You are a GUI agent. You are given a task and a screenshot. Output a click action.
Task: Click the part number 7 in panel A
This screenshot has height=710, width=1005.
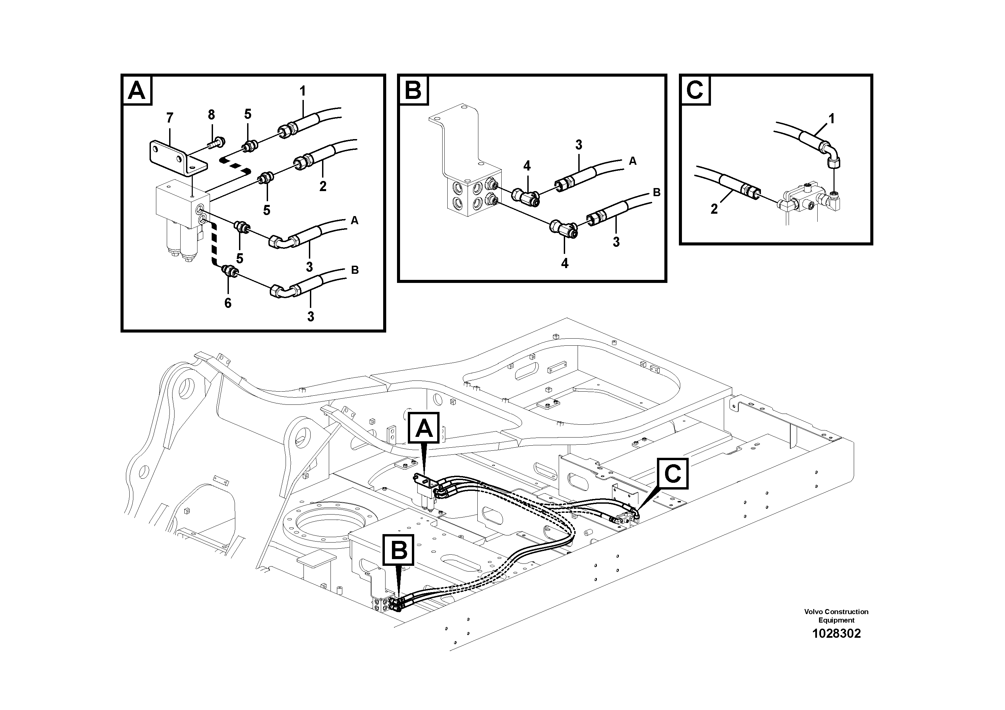170,118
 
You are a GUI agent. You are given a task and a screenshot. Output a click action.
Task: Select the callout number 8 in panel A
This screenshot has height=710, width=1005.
211,115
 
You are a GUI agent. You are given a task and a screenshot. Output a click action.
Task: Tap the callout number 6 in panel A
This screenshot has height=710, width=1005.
228,303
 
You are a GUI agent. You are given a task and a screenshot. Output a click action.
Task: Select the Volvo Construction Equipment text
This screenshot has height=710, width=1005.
836,615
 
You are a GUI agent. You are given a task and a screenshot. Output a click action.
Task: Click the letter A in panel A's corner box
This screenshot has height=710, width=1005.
137,91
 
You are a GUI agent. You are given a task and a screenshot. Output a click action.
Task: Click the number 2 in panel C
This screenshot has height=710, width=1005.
714,209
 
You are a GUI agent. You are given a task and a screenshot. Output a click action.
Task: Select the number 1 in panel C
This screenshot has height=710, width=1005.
831,119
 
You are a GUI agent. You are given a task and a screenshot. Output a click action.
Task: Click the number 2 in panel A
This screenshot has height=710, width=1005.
323,186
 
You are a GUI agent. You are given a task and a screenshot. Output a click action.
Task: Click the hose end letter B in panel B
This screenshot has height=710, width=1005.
657,192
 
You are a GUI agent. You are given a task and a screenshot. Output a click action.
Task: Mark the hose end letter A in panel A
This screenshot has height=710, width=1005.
354,220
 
